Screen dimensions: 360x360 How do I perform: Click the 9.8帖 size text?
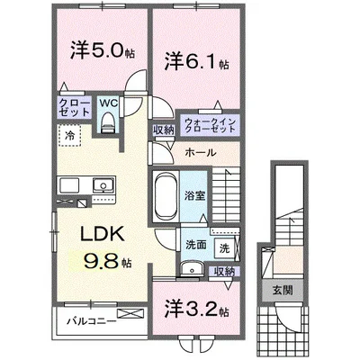pyautogui.click(x=102, y=262)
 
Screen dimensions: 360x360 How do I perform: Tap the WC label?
pyautogui.click(x=108, y=103)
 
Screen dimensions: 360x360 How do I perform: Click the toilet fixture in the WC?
pyautogui.click(x=109, y=125)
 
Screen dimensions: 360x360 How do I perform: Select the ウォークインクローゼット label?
pyautogui.click(x=209, y=124)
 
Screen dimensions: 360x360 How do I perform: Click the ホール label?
pyautogui.click(x=200, y=152)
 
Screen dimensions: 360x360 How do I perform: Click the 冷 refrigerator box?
pyautogui.click(x=69, y=134)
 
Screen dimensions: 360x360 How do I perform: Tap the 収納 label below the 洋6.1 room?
pyautogui.click(x=164, y=130)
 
